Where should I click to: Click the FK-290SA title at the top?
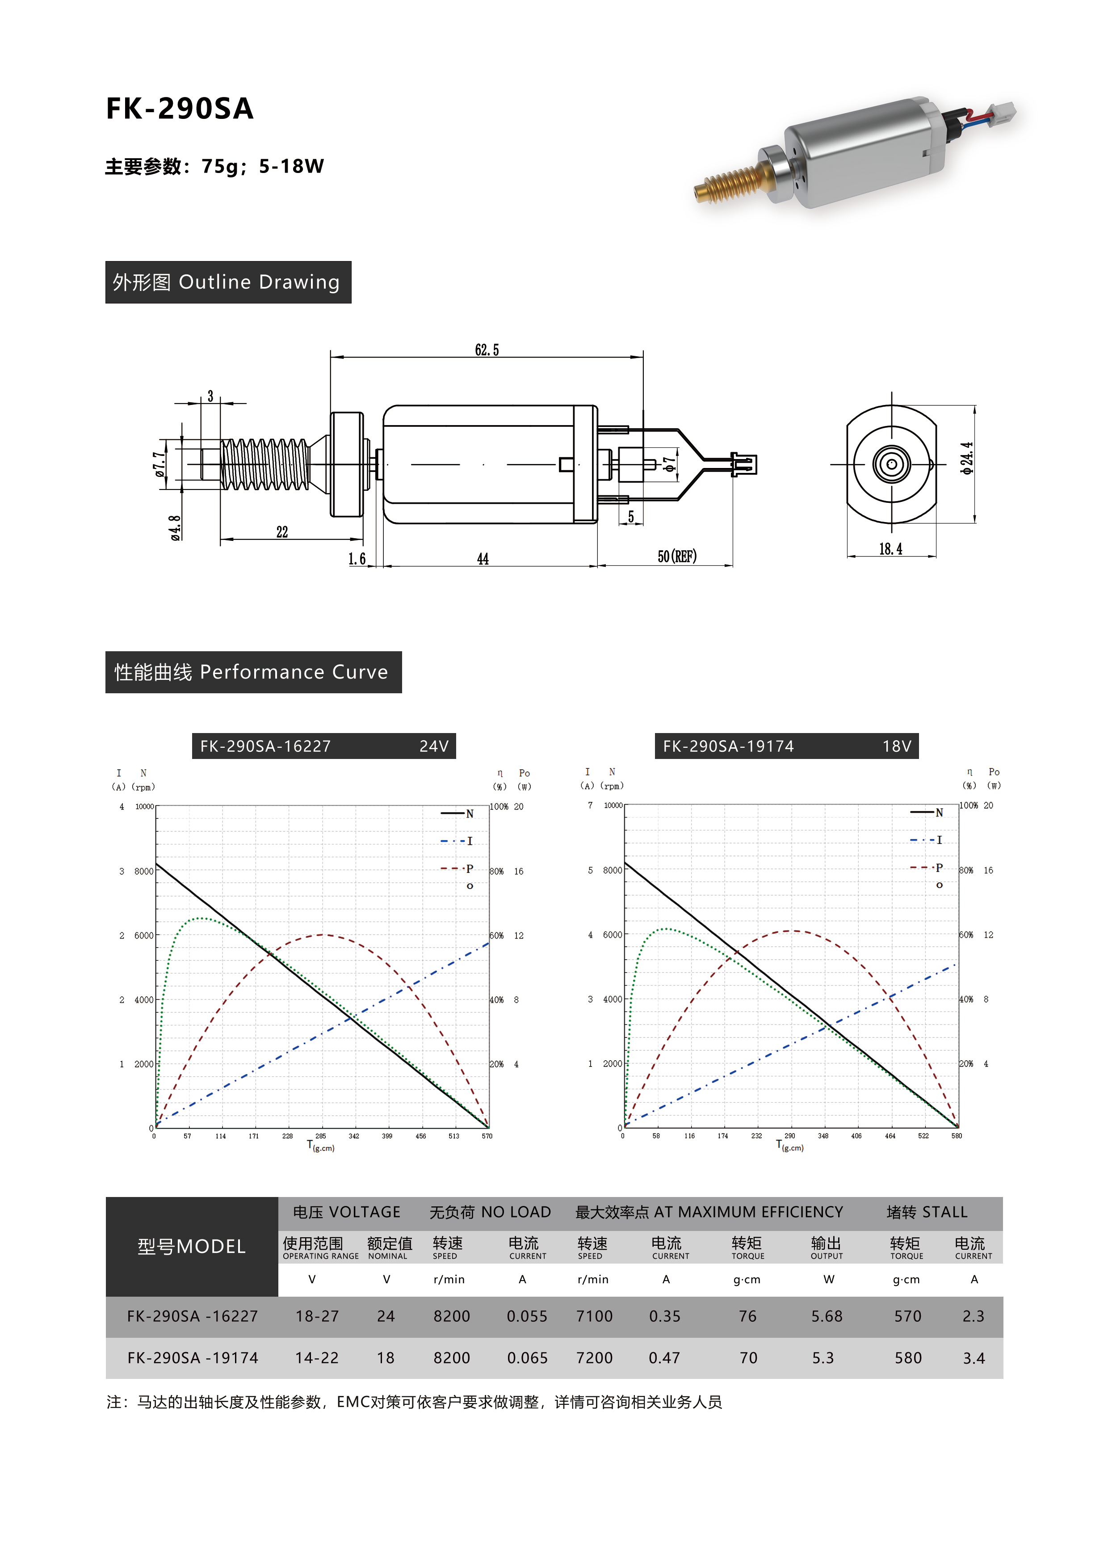180,109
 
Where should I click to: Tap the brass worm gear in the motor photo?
726,182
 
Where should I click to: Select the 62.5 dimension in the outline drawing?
487,350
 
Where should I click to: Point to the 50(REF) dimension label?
676,556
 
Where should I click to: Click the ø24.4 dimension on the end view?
967,458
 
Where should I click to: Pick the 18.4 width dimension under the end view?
890,549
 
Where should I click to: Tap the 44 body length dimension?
483,559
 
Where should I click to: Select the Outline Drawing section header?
228,282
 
